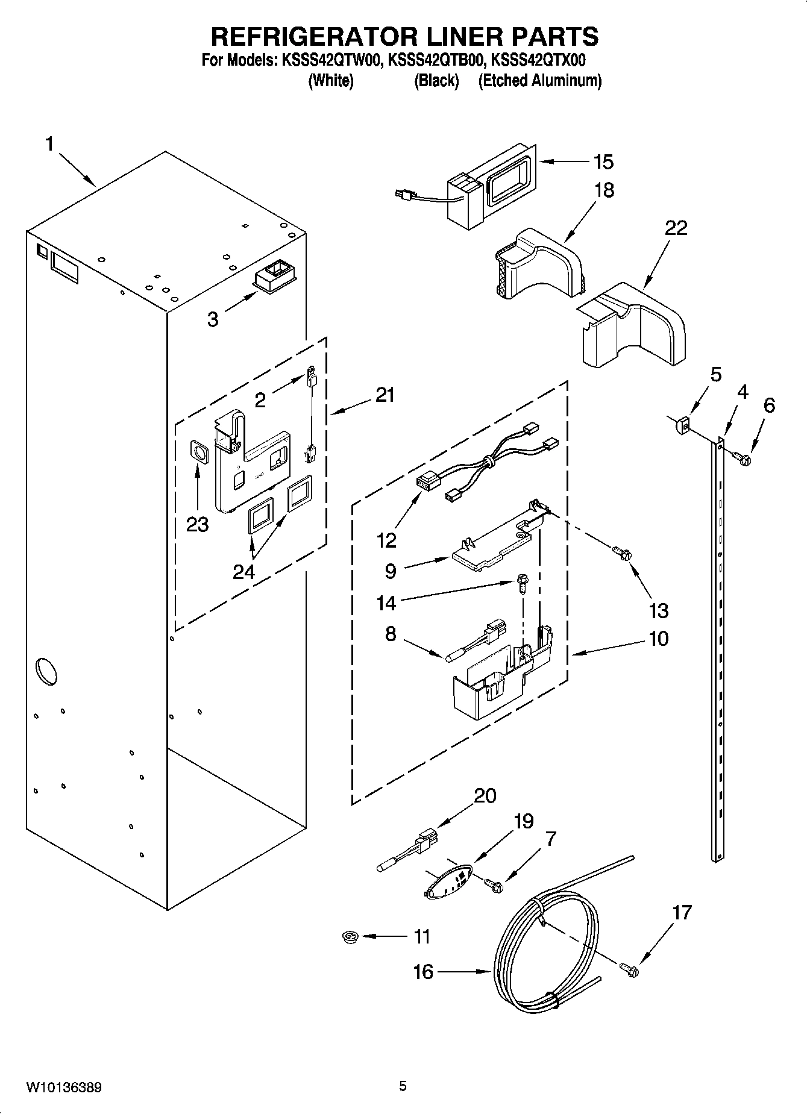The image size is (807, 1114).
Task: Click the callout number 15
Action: pyautogui.click(x=603, y=162)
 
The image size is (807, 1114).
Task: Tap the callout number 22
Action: pyautogui.click(x=676, y=228)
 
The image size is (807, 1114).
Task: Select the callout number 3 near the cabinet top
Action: pyautogui.click(x=213, y=319)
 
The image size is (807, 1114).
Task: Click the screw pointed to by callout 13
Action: pyautogui.click(x=621, y=552)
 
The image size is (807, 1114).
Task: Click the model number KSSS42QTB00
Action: pyautogui.click(x=436, y=61)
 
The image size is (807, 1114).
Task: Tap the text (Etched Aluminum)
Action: pyautogui.click(x=539, y=81)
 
